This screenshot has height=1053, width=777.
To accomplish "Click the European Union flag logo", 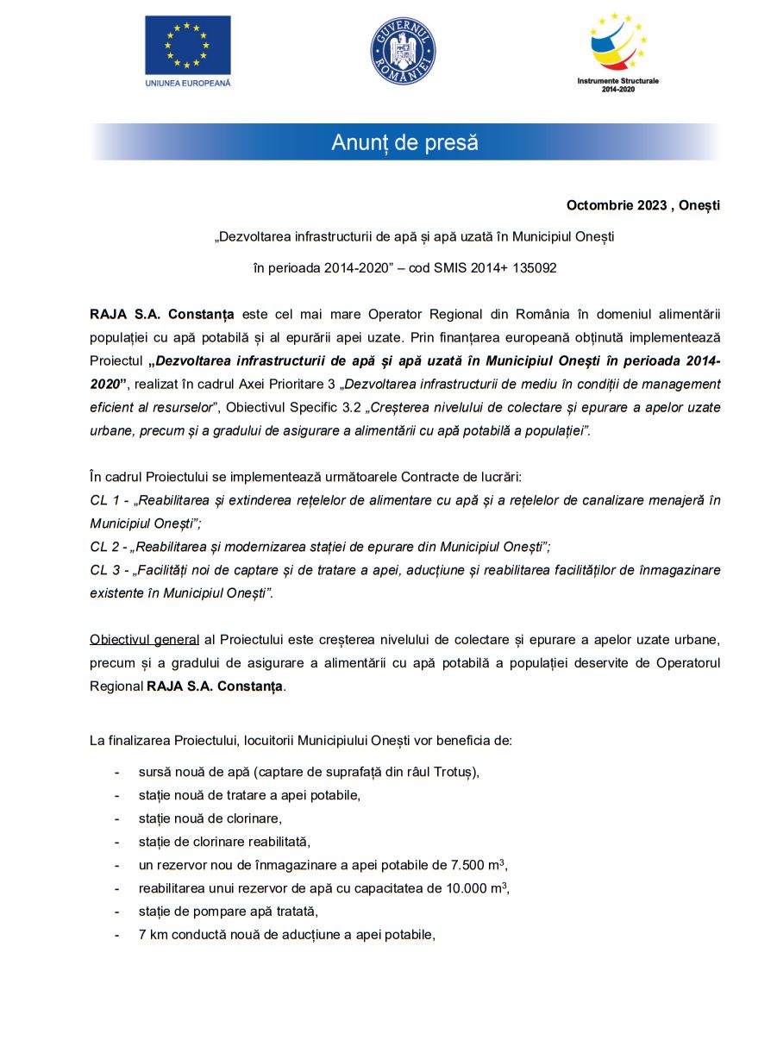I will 187,45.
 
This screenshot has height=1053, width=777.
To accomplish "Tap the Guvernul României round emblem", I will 403,50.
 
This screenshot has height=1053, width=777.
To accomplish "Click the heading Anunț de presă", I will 404,142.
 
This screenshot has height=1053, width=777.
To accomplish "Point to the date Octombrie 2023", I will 616,205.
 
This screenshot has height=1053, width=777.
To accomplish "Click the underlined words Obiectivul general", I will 144,640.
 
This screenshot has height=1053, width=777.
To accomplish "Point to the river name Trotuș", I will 454,772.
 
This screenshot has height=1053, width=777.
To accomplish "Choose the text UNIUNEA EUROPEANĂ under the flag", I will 187,83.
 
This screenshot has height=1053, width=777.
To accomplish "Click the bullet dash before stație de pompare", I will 116,912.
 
